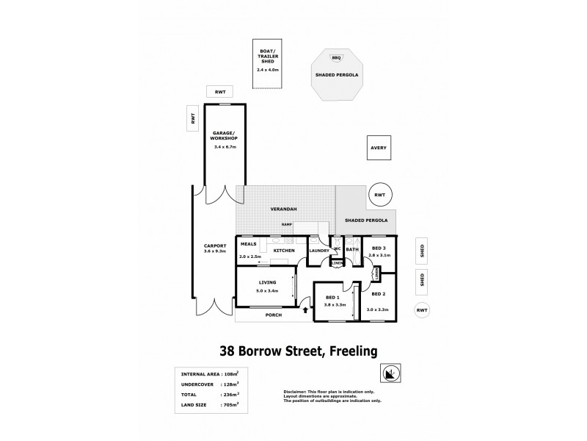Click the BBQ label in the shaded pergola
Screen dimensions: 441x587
337,57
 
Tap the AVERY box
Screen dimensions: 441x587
378,148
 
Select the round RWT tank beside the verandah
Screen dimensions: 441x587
379,195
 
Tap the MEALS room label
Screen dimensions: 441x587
248,245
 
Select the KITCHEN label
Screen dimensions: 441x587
284,251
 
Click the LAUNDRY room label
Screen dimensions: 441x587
319,251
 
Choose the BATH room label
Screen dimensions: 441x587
352,250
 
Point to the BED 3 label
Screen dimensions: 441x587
379,248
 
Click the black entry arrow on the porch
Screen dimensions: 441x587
306,311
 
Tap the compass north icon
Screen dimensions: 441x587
393,373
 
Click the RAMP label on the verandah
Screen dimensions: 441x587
287,226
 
